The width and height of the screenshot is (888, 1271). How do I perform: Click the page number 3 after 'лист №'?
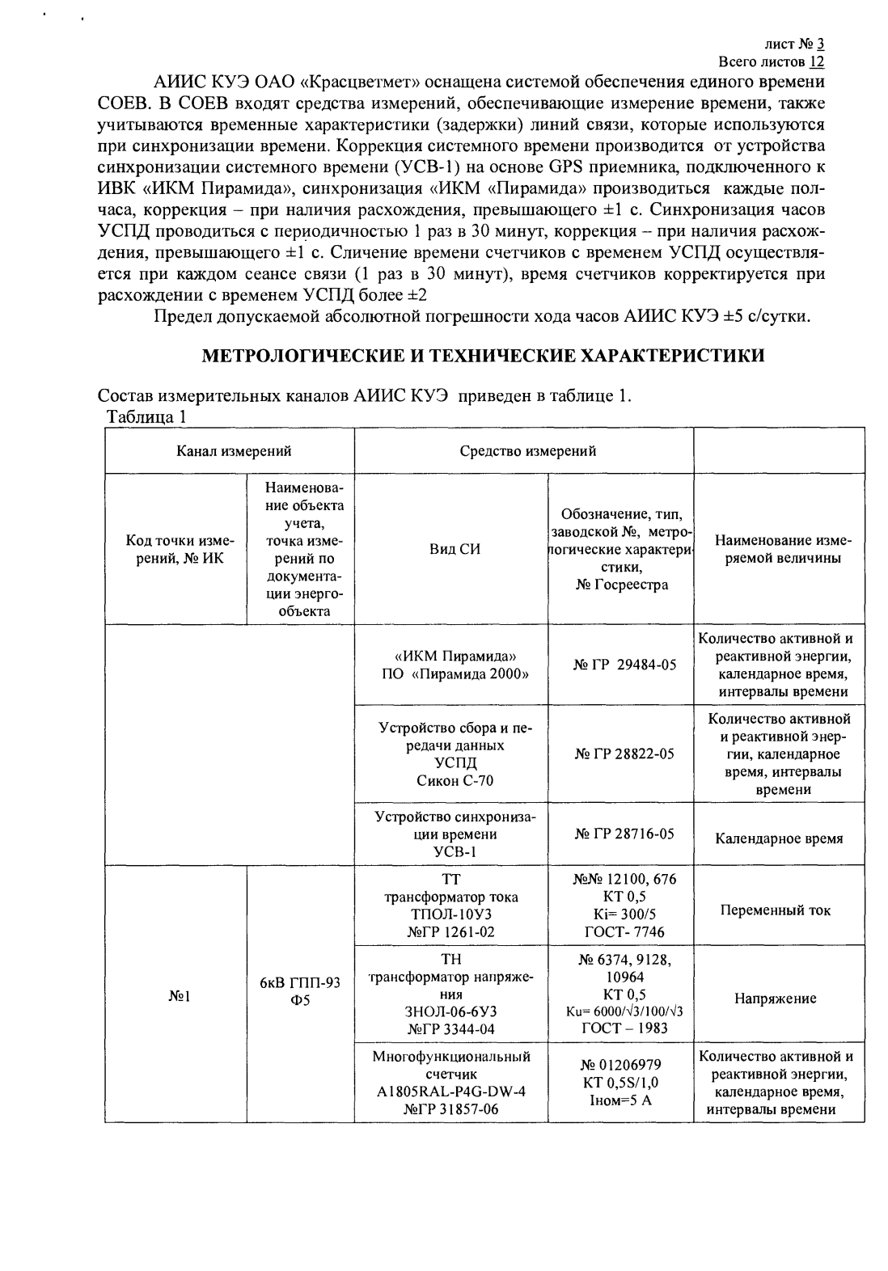820,44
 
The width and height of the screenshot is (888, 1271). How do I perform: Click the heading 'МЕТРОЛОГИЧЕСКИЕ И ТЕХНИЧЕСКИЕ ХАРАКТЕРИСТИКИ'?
483,356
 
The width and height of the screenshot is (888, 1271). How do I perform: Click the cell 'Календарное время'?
779,838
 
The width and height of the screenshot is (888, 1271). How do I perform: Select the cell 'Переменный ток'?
779,910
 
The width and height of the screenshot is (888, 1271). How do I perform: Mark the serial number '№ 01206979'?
620,1065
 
